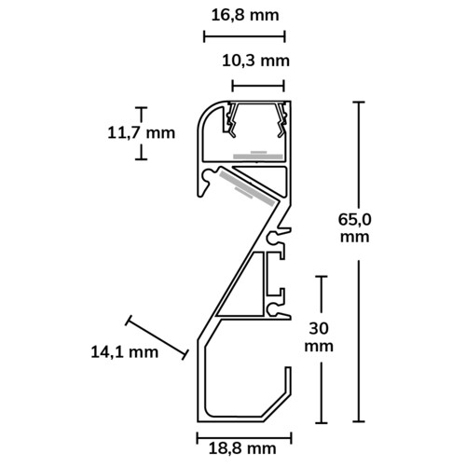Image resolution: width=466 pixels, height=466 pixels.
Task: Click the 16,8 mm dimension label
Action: pos(243,14)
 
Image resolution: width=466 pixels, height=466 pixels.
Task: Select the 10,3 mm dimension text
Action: pos(255,62)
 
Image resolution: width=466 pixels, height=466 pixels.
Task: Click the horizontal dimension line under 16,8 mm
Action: pos(243,37)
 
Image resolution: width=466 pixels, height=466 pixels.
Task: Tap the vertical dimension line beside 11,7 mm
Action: pos(142,131)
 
